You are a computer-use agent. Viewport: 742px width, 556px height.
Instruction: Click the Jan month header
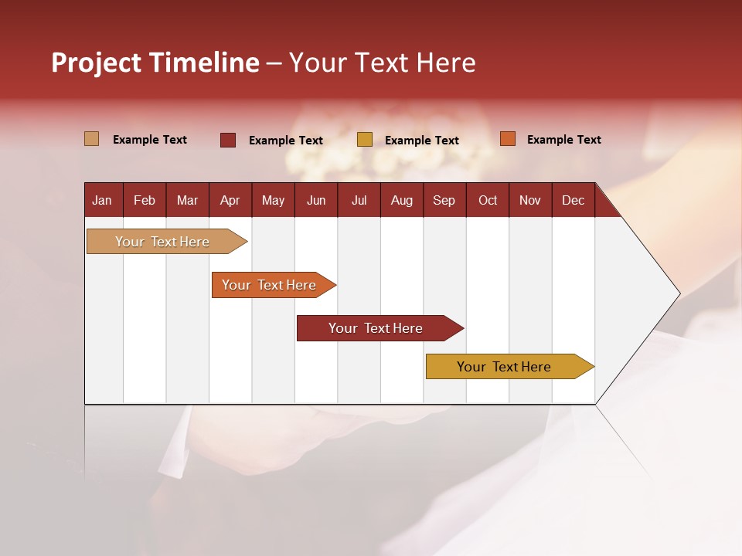click(102, 200)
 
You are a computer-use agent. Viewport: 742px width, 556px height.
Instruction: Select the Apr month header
click(230, 200)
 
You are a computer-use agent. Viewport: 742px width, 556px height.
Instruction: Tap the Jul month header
click(359, 200)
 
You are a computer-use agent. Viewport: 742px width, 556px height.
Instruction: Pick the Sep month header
click(444, 200)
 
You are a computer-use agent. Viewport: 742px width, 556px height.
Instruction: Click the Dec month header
click(573, 200)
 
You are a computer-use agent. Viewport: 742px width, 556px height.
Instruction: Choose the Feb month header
click(145, 200)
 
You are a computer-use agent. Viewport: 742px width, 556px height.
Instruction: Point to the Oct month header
click(488, 200)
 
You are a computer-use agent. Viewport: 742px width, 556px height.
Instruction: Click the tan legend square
click(91, 139)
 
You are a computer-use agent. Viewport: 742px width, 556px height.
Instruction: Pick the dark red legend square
click(228, 140)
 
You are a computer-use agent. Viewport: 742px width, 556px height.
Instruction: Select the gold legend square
click(365, 140)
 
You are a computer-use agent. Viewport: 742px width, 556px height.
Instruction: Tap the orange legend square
click(507, 139)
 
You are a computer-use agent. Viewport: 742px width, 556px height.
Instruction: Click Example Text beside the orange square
click(563, 140)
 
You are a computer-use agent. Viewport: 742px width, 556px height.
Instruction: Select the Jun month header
click(316, 200)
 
